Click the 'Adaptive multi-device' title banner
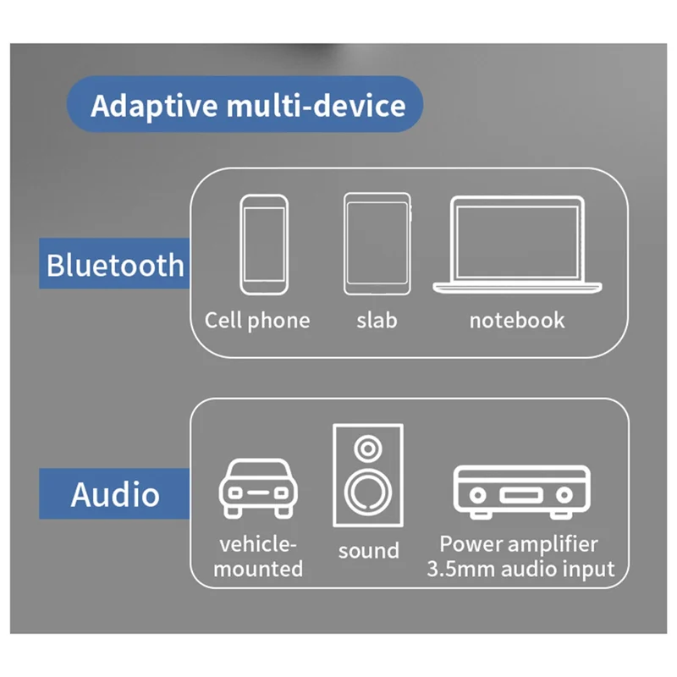(245, 105)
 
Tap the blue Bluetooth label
(113, 264)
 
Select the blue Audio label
(114, 493)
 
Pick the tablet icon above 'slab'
(377, 245)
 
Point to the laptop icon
(517, 245)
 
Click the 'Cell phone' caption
(257, 321)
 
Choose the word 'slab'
(376, 321)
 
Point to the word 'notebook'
(516, 321)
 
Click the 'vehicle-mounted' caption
(257, 555)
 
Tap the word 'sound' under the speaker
(368, 551)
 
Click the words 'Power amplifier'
(518, 543)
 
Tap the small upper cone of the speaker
(367, 447)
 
